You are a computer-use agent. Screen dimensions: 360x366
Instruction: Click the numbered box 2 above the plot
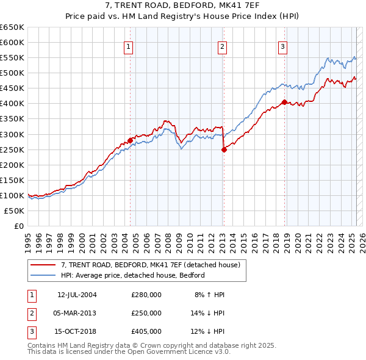coord(223,46)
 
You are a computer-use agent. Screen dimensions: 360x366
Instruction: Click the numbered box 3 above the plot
coord(284,46)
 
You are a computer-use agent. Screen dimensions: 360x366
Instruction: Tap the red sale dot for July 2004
coord(130,140)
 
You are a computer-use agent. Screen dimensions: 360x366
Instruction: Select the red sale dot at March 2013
coord(223,149)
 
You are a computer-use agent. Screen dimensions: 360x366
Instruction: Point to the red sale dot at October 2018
coord(284,102)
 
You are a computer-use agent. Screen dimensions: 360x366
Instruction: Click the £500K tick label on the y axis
coord(13,73)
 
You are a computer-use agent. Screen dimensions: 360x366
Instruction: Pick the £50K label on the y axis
coord(15,211)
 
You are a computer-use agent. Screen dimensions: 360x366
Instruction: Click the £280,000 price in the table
coord(146,295)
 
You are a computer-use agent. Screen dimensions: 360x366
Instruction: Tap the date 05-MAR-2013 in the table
coord(77,313)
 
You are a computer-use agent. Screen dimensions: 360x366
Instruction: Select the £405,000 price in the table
coord(146,331)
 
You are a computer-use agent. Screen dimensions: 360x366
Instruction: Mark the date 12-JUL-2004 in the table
coord(77,295)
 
